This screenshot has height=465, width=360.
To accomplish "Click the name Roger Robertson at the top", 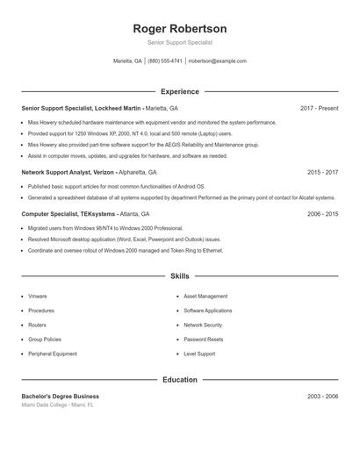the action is click(180, 28).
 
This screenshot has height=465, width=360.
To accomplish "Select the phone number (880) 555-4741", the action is click(165, 61).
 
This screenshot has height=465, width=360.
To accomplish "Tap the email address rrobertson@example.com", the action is click(217, 61).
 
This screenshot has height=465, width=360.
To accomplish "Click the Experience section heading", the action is click(180, 91).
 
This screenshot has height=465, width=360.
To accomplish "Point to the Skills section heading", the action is click(180, 275).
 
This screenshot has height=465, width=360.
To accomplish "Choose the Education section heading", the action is click(180, 380).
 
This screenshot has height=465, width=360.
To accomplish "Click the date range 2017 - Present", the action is click(319, 108).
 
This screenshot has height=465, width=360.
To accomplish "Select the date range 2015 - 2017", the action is click(322, 173).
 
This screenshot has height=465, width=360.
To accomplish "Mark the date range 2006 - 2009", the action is click(322, 213).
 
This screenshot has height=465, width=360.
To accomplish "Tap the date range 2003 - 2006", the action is click(322, 397).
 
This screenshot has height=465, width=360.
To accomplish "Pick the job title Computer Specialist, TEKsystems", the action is click(68, 213).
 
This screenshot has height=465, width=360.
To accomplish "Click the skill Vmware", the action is click(37, 297).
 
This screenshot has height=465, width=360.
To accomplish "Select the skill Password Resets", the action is click(203, 340).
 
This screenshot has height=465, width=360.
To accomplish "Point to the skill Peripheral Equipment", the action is click(53, 354).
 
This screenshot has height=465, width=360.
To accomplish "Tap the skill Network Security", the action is click(203, 325).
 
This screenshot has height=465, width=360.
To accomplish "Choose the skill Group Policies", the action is click(45, 340).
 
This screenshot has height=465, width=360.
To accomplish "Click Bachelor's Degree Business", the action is click(61, 397).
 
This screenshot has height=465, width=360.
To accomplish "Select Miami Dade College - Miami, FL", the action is click(58, 405).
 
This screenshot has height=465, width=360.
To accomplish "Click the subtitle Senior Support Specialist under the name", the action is click(180, 42).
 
